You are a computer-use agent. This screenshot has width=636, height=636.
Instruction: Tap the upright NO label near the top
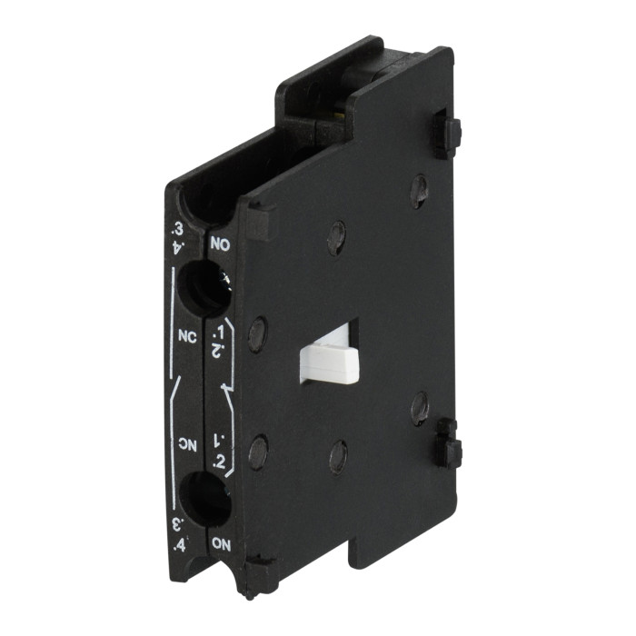(221, 244)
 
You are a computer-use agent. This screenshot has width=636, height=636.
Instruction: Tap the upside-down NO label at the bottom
(222, 542)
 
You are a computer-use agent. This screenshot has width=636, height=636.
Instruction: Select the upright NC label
(188, 334)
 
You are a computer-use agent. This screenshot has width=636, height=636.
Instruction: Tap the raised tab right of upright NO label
(257, 221)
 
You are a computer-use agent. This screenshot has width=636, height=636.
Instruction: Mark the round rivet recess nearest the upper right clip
(418, 189)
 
